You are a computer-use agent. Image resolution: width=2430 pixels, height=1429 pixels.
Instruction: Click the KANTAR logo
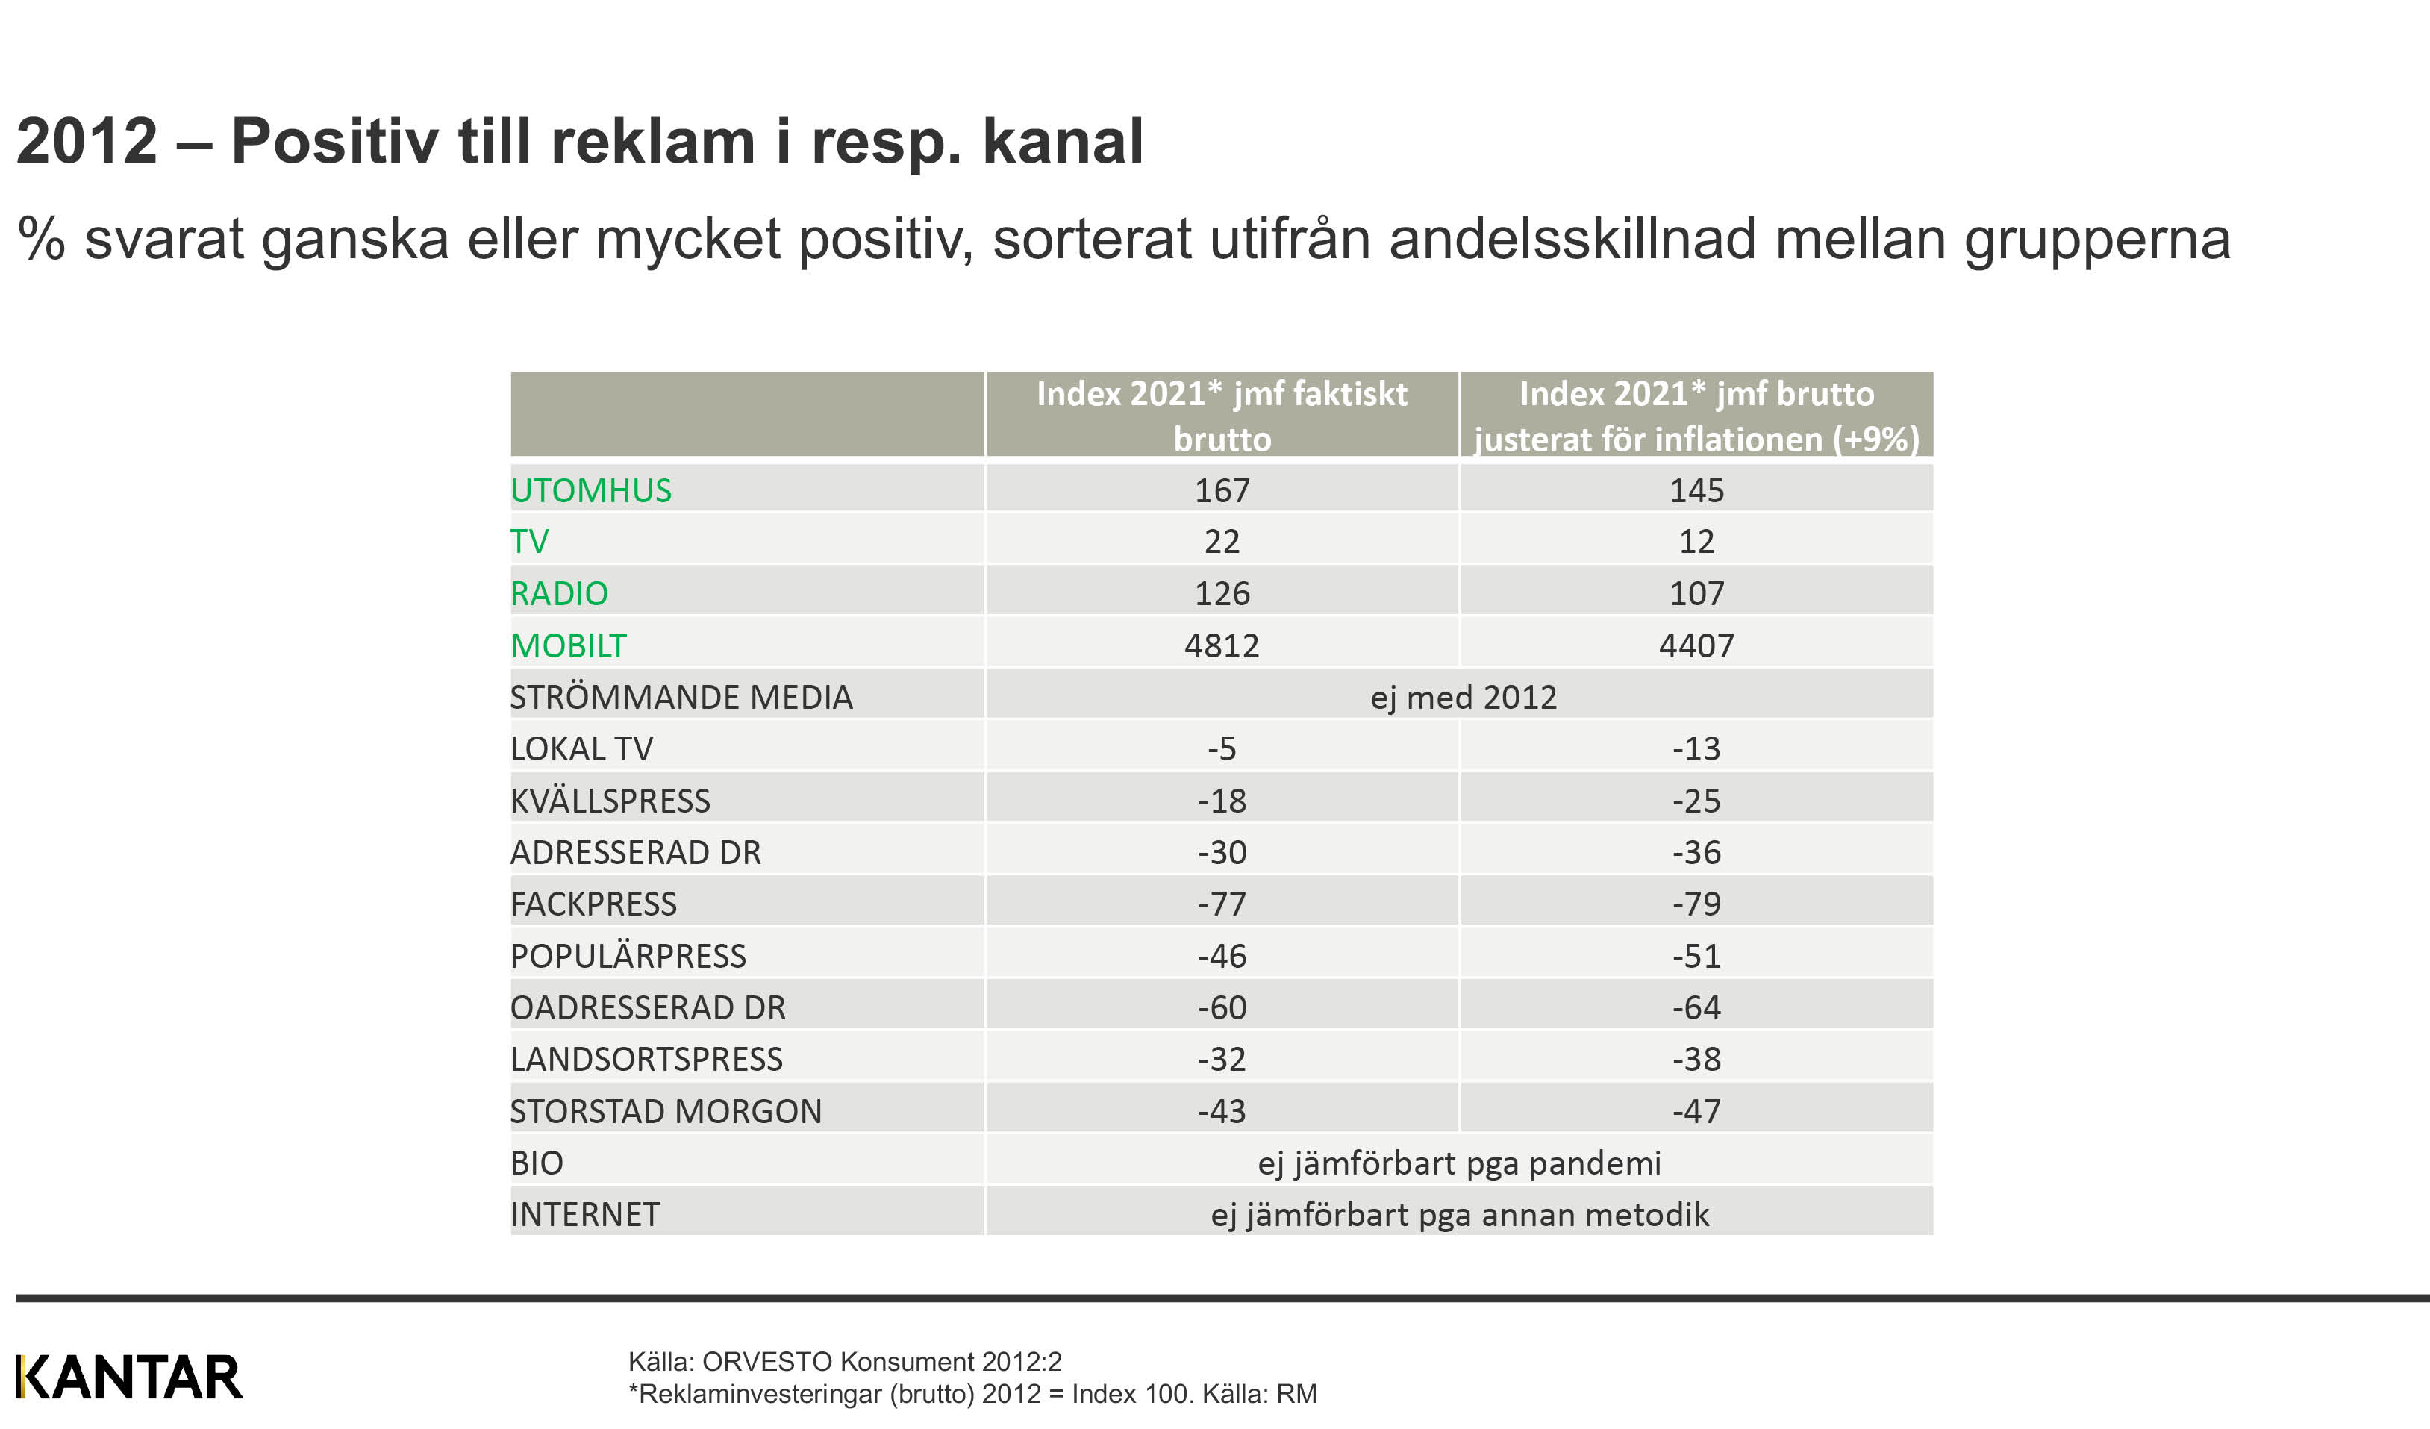point(129,1376)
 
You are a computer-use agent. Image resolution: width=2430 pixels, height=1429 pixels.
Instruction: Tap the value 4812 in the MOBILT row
point(1222,645)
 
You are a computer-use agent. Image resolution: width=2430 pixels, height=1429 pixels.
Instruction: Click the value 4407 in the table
point(1696,645)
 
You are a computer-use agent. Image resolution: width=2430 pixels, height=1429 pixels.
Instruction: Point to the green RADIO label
point(559,593)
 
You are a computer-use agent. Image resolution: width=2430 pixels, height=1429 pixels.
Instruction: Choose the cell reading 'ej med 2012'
point(1463,697)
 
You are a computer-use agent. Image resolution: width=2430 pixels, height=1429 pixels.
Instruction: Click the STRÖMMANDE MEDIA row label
point(681,697)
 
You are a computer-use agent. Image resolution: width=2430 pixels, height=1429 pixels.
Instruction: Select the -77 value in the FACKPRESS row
point(1222,904)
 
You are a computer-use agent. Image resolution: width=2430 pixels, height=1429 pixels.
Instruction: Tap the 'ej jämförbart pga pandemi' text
point(1459,1163)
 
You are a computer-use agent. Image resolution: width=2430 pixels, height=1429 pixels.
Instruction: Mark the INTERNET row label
point(585,1214)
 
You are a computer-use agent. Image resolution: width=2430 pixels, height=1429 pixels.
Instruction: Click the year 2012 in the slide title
point(87,141)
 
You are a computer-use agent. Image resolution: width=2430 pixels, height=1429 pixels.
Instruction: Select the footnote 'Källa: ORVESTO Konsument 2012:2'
point(845,1362)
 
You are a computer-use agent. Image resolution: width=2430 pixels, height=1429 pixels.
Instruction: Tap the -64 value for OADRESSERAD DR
point(1696,1007)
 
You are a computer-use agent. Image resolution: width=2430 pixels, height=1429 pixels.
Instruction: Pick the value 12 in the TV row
point(1696,541)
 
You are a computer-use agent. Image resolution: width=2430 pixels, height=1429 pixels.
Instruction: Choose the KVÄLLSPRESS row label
point(610,801)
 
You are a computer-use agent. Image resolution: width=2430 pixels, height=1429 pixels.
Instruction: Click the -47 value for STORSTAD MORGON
point(1696,1111)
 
